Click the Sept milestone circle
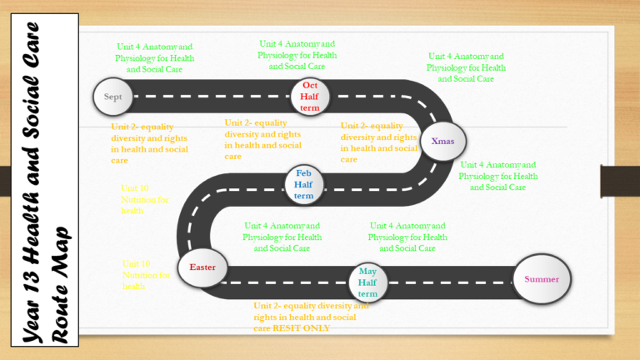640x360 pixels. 112,97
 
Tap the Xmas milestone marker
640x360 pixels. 442,141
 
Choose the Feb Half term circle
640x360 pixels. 303,184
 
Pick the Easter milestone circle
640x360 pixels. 202,267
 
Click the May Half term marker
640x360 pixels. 367,282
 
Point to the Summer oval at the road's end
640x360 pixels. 542,279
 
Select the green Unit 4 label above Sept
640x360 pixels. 154,58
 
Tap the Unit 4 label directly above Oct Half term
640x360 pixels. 297,55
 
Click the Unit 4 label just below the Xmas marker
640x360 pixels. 497,176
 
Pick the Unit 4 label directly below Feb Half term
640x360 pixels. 281,237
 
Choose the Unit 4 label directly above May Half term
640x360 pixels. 407,237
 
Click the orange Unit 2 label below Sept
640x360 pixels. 149,143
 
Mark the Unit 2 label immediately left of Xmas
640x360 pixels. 378,142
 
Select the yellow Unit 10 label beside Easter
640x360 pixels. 147,275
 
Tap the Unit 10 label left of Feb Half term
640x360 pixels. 145,200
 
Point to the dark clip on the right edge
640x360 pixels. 620,179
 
